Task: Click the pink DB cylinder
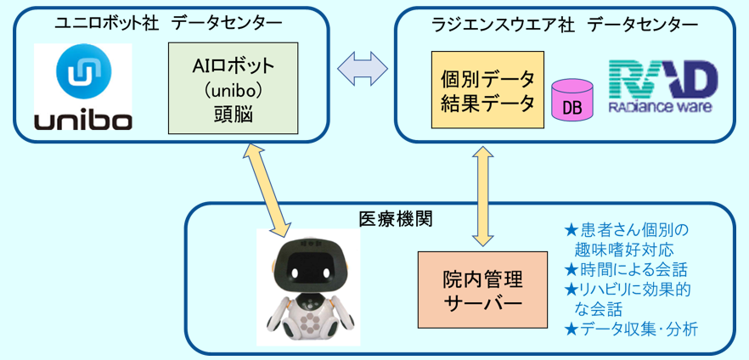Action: [x=572, y=100]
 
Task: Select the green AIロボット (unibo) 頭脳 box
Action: [x=233, y=88]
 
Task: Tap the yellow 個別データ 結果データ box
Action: [x=487, y=90]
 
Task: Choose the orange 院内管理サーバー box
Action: [x=482, y=290]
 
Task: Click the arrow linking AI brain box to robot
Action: [x=267, y=190]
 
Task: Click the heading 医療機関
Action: [x=396, y=219]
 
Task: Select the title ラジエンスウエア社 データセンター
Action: [x=564, y=24]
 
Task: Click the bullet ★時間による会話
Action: [x=626, y=270]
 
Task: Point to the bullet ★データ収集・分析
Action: [x=631, y=329]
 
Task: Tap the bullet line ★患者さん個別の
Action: [x=627, y=230]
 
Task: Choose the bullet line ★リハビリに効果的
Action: [x=628, y=290]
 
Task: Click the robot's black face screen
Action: [x=311, y=269]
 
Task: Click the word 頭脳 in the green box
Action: [x=233, y=115]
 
